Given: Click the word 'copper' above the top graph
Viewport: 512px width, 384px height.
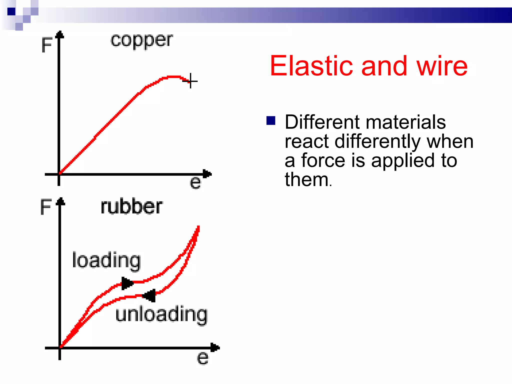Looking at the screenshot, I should (141, 41).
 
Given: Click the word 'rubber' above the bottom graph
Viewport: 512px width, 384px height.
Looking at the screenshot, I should (131, 207).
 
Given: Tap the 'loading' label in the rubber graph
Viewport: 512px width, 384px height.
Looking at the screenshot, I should (106, 261).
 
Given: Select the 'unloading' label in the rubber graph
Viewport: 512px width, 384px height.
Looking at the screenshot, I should (161, 314).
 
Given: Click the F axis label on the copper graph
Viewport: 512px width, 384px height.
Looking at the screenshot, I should (46, 45).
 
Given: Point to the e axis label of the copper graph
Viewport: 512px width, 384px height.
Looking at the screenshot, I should (195, 183).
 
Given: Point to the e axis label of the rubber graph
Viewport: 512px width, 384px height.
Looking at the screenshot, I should (202, 358).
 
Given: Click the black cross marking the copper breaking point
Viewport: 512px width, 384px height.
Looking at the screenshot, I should (190, 81).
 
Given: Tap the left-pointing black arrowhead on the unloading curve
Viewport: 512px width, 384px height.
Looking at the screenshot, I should (149, 295).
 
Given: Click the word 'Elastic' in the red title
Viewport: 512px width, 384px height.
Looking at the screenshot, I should (311, 66).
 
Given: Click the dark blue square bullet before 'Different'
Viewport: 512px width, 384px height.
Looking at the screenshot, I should (271, 120).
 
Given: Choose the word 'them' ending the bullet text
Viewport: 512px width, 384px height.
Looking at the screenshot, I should (306, 179).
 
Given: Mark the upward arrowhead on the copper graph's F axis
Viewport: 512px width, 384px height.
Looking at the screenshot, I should (59, 35).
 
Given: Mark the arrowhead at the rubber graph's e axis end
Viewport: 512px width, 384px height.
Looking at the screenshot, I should (215, 347).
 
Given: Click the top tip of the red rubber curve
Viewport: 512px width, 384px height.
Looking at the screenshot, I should (198, 227).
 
